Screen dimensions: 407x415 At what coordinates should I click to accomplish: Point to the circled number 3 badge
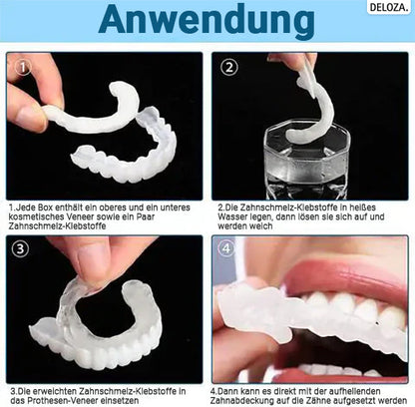point(20,250)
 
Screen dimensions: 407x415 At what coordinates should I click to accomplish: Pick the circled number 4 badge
point(226,250)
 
